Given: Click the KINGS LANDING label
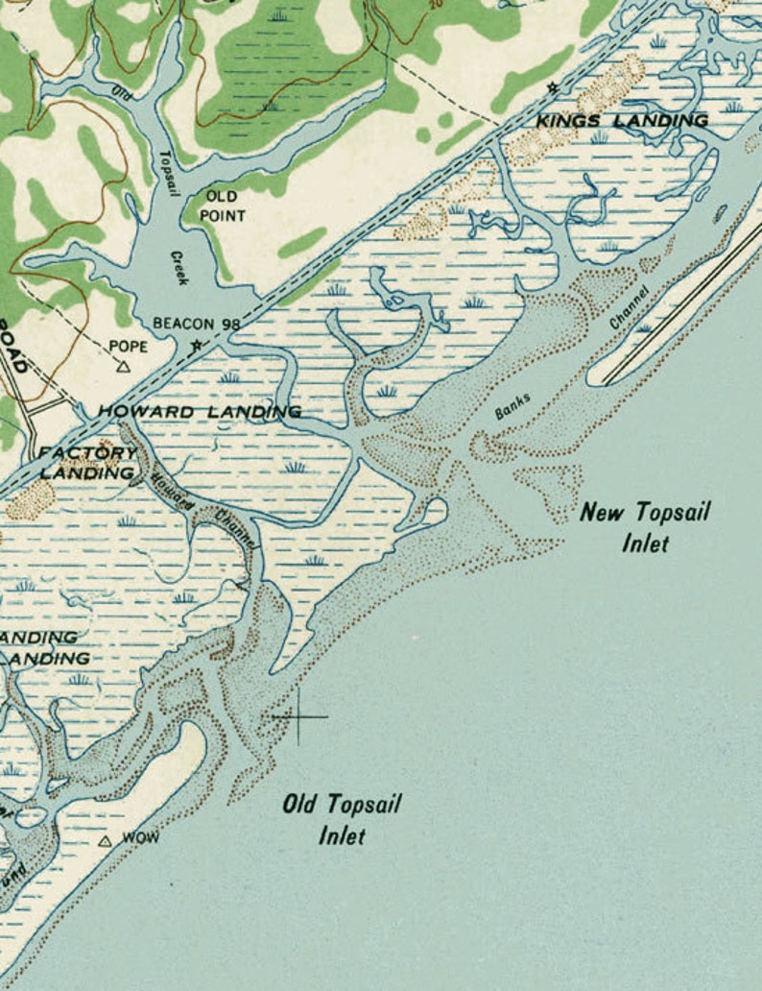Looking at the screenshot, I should click(621, 120).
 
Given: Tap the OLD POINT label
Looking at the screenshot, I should click(222, 205).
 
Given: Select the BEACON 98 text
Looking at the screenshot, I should click(196, 324).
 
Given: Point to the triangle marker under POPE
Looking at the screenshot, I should click(122, 366).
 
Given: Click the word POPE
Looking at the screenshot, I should click(129, 346).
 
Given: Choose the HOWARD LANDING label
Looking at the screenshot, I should click(199, 411).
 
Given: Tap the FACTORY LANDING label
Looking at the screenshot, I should click(85, 463).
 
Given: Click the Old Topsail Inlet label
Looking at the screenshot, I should click(341, 819).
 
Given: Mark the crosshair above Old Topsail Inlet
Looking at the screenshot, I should click(298, 715).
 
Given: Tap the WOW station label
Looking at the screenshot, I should click(141, 838).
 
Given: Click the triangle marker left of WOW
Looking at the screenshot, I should click(106, 841).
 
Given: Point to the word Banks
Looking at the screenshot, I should click(512, 406).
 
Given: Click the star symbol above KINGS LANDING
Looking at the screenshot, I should click(552, 88).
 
